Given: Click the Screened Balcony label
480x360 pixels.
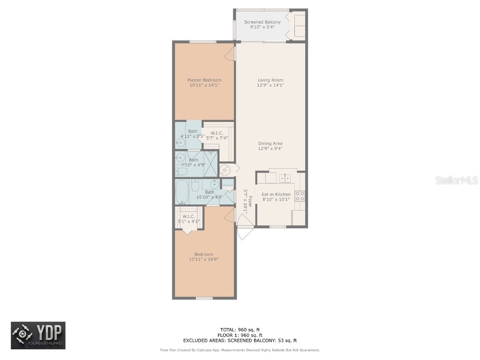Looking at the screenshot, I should [x=262, y=22].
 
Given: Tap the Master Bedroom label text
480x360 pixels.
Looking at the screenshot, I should [x=204, y=80].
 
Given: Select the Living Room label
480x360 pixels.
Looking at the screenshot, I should [x=270, y=80].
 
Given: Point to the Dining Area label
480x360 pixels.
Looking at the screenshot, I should [x=270, y=143].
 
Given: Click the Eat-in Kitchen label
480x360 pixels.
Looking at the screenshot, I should [x=276, y=194].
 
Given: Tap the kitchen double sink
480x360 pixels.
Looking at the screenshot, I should [x=285, y=178].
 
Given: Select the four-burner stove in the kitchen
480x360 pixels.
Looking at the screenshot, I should [x=300, y=196].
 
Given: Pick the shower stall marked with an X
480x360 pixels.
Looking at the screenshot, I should [x=211, y=163].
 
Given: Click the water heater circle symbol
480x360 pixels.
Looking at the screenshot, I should [x=225, y=169].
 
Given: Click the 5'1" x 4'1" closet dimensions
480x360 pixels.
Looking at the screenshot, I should [x=188, y=221].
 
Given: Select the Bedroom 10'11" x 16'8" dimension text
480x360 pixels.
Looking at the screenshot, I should [x=204, y=259].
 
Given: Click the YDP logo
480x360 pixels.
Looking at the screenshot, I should [x=38, y=335].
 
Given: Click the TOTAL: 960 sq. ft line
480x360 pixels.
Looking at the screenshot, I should [x=240, y=330].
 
